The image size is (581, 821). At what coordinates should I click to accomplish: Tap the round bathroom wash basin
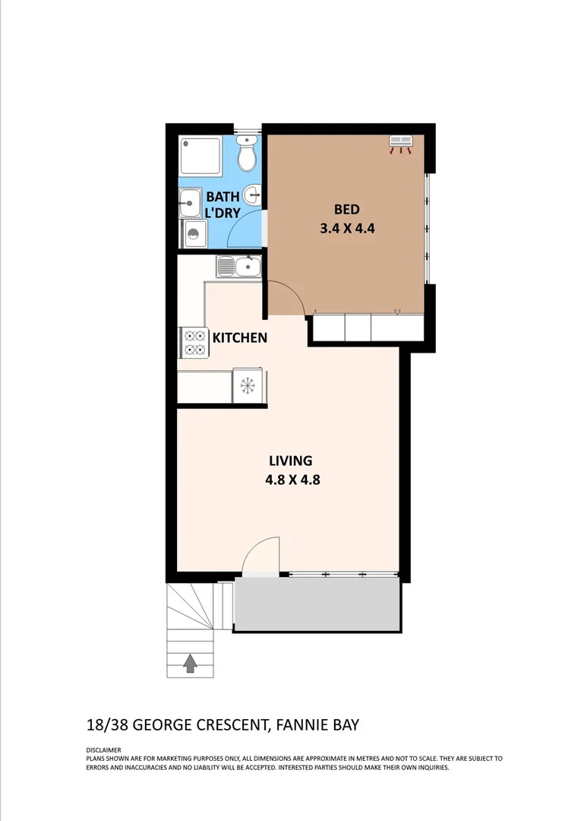click(253, 195)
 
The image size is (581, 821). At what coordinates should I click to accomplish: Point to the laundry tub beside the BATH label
click(190, 203)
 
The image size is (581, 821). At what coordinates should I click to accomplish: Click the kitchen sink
click(238, 266)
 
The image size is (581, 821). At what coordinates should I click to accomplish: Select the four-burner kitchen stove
click(193, 342)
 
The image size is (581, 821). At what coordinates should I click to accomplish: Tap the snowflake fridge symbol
click(247, 386)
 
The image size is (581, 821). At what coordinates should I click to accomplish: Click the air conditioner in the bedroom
click(401, 144)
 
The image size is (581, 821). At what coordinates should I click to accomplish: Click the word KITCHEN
click(239, 338)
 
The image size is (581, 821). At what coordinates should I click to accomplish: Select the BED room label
click(346, 210)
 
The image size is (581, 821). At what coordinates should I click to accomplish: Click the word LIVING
click(291, 461)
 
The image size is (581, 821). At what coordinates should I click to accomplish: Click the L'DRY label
click(223, 214)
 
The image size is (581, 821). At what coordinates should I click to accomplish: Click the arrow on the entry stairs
click(190, 664)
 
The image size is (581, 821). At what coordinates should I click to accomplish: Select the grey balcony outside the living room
click(317, 604)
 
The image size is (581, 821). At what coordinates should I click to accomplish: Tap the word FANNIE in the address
click(302, 725)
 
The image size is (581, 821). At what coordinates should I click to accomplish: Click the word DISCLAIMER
click(104, 750)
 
